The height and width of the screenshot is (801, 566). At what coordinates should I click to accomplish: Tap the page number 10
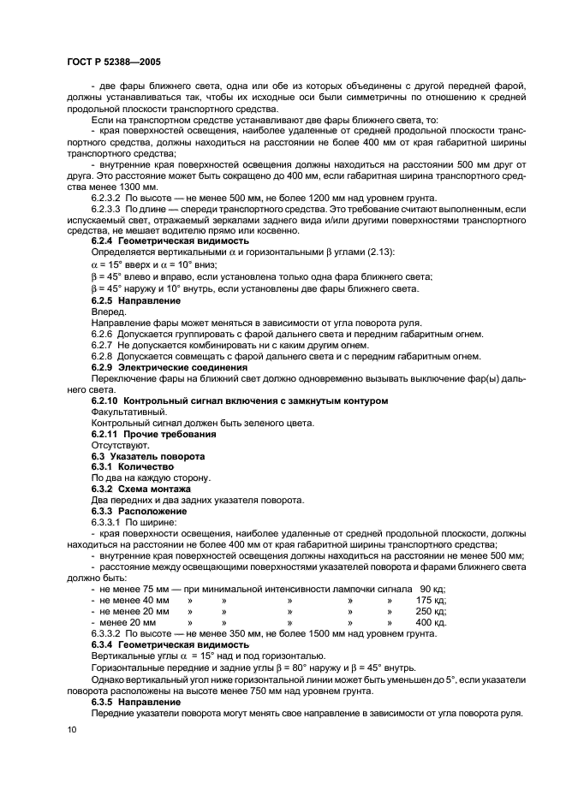pos(71,729)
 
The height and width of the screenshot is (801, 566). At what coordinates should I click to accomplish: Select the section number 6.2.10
pos(107,400)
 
